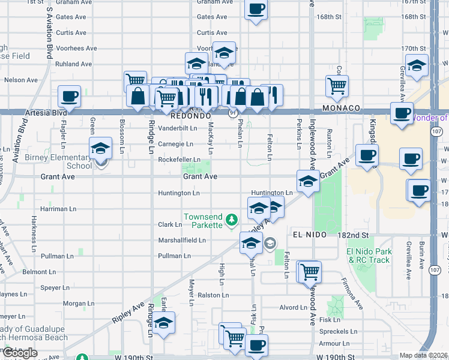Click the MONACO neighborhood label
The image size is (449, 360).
(341, 108)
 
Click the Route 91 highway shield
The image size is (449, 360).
(232, 113)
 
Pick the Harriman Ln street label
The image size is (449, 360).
(58, 209)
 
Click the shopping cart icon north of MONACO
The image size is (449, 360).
(337, 85)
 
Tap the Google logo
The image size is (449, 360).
(19, 353)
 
